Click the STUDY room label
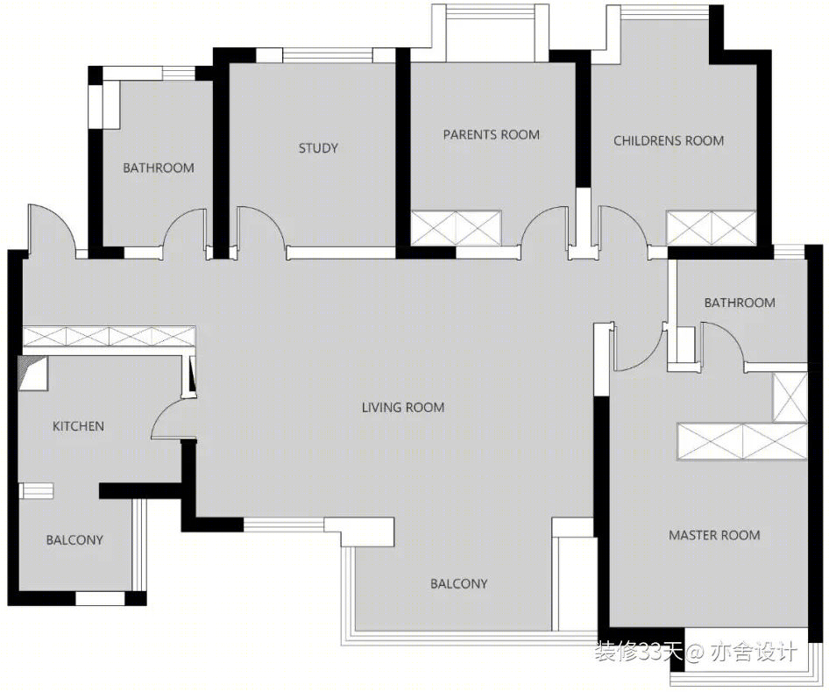(318, 148)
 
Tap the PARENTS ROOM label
(491, 135)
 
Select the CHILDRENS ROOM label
(669, 140)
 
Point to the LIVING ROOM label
(403, 407)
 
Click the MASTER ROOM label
(714, 535)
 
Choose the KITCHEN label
(78, 426)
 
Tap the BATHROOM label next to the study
(159, 168)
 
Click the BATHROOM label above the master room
(740, 303)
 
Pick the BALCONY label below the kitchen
(74, 540)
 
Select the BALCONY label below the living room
(459, 584)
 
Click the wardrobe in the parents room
(457, 228)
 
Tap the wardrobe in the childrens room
(711, 228)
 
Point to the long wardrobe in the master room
(741, 441)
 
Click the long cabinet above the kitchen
(109, 337)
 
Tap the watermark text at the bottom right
(695, 652)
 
